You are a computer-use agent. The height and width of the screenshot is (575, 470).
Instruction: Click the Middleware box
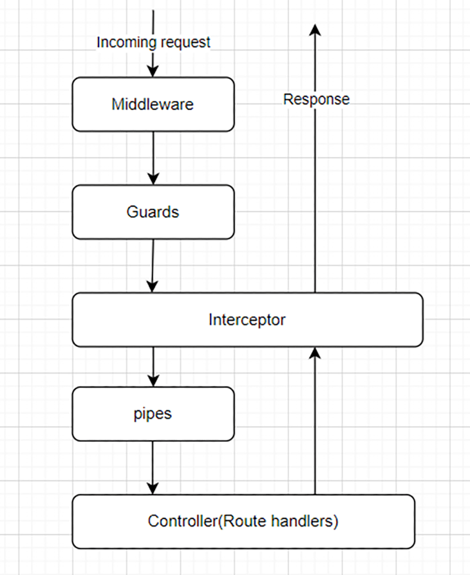[x=152, y=104]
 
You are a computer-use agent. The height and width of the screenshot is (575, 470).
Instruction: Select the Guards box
[x=152, y=212]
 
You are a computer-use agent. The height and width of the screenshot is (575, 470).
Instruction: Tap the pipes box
[x=152, y=414]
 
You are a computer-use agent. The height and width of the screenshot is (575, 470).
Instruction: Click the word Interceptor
[x=247, y=320]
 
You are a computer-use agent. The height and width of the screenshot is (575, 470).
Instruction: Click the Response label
[x=316, y=99]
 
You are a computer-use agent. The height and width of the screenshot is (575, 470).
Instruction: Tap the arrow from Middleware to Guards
[x=153, y=158]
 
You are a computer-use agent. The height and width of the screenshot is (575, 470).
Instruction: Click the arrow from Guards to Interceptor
[x=153, y=265]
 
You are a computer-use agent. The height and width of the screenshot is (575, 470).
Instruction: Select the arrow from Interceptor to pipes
[x=153, y=365]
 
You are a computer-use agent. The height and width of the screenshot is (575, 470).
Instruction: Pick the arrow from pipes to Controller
[x=153, y=468]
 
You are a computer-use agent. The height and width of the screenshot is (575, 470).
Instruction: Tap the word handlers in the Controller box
[x=306, y=521]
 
